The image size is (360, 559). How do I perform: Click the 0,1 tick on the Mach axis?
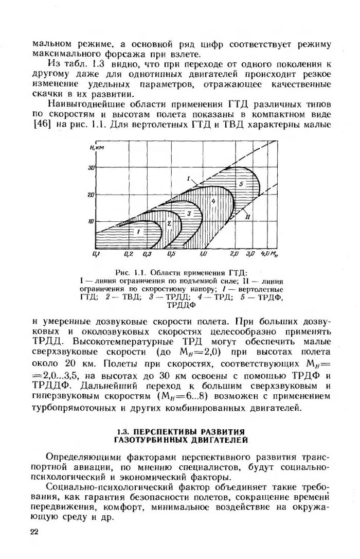[95, 254]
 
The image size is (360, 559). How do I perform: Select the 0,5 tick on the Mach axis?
[171, 254]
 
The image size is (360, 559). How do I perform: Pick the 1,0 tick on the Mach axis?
[203, 254]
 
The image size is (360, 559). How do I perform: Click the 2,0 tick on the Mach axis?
[234, 254]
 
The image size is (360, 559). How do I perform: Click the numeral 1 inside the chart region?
[124, 233]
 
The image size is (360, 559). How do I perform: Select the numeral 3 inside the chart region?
[189, 213]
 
